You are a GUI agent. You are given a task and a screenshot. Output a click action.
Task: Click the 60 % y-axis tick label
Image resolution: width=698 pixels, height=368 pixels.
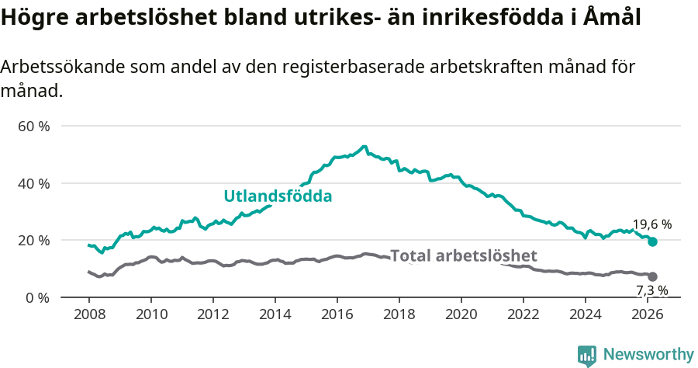point(33,126)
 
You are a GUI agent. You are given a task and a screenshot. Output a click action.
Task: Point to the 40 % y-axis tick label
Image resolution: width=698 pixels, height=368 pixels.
point(33,183)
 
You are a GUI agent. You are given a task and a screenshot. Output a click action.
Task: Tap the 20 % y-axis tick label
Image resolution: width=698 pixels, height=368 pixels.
point(33,241)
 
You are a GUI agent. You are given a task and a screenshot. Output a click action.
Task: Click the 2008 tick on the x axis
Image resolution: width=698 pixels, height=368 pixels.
point(89,314)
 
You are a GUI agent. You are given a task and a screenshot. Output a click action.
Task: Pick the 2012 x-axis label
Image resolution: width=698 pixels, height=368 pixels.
point(213,314)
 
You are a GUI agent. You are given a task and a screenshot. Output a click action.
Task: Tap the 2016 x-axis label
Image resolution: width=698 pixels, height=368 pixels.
point(337,314)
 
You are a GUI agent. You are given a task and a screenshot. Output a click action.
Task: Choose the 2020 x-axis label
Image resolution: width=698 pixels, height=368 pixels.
point(461,314)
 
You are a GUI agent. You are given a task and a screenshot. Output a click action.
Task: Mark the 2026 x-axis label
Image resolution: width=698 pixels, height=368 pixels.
point(648,314)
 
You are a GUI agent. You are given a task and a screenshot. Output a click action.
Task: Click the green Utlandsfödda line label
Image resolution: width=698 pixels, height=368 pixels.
point(278,196)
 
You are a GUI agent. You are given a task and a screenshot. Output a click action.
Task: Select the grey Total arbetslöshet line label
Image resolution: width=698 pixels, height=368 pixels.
point(463,256)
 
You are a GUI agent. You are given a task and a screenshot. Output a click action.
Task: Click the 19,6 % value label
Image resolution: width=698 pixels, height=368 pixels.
point(651,224)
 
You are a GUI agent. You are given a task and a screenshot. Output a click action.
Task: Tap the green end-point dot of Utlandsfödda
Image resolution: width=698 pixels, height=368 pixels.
point(652,242)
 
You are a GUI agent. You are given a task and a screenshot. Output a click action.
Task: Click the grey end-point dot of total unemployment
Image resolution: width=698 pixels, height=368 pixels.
point(652,276)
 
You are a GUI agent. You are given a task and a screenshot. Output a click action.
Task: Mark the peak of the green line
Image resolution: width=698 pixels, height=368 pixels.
point(364,146)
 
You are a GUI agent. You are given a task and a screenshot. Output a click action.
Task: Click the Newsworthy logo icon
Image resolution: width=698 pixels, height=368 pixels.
point(587,355)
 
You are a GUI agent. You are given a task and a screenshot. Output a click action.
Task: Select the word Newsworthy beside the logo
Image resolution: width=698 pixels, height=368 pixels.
point(648,355)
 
